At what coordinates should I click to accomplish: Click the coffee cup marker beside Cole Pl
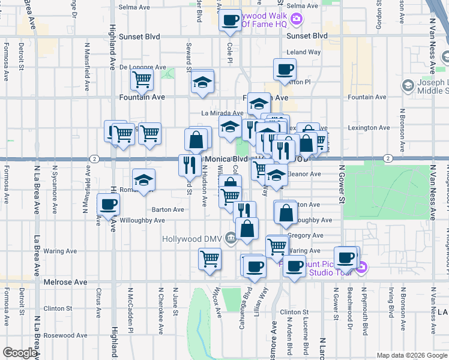(229, 20)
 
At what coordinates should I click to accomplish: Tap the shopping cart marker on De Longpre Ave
(142, 79)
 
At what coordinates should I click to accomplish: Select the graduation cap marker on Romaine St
(143, 181)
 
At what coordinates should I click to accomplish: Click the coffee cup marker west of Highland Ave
(108, 205)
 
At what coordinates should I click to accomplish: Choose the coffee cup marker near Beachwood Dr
(345, 257)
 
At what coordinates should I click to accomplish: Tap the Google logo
(20, 353)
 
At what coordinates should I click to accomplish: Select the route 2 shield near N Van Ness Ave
(388, 158)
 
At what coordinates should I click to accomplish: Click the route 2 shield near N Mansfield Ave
(95, 158)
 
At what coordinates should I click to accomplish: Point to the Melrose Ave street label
(65, 281)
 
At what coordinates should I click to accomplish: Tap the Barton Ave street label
(168, 209)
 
